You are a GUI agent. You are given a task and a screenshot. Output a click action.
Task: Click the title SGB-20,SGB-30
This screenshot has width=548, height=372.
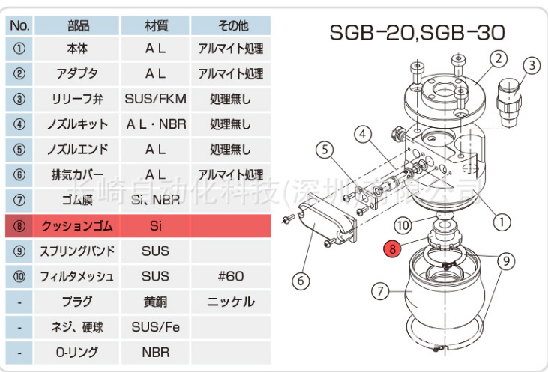418,33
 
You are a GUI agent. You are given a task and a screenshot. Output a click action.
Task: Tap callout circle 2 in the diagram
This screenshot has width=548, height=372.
499,58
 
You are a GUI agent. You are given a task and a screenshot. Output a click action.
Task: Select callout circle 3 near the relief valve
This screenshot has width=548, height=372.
531,66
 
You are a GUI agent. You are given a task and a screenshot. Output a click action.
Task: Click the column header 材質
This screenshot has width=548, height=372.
155,25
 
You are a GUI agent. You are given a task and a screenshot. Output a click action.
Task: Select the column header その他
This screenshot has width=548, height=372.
230,25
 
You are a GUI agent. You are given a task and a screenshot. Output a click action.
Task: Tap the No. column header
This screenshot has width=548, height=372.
20,25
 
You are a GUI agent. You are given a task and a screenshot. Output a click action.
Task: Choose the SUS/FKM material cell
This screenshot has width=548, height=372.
155,99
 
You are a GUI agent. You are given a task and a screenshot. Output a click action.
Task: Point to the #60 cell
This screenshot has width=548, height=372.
230,276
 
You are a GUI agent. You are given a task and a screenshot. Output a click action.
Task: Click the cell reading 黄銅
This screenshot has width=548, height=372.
155,302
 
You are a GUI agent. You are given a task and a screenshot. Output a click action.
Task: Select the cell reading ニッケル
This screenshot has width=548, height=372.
230,302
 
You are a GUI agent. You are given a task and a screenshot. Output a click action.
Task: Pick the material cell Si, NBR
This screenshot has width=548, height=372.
155,200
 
